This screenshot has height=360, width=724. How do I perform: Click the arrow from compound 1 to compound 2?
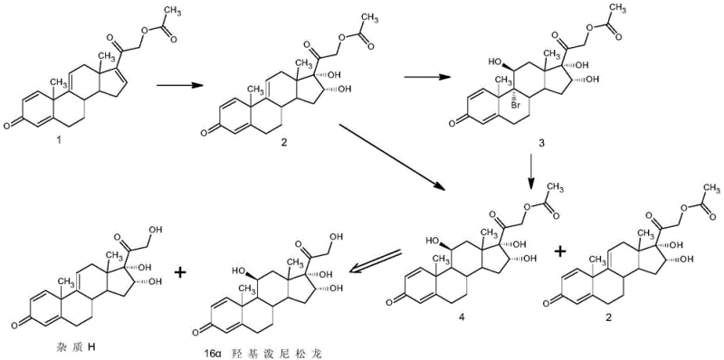178,88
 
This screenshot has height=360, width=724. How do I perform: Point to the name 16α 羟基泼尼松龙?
278,350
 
